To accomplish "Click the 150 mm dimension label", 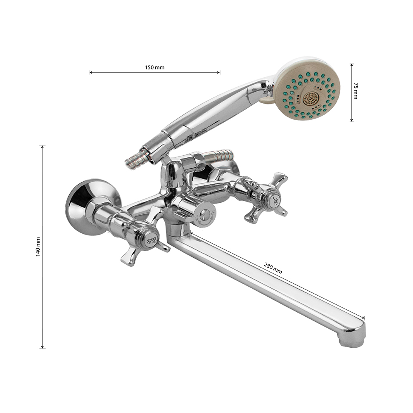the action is click(x=154, y=67).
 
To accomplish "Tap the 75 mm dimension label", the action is click(x=356, y=91).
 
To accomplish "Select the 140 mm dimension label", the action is click(x=38, y=247).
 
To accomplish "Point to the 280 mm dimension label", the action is click(x=273, y=268).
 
